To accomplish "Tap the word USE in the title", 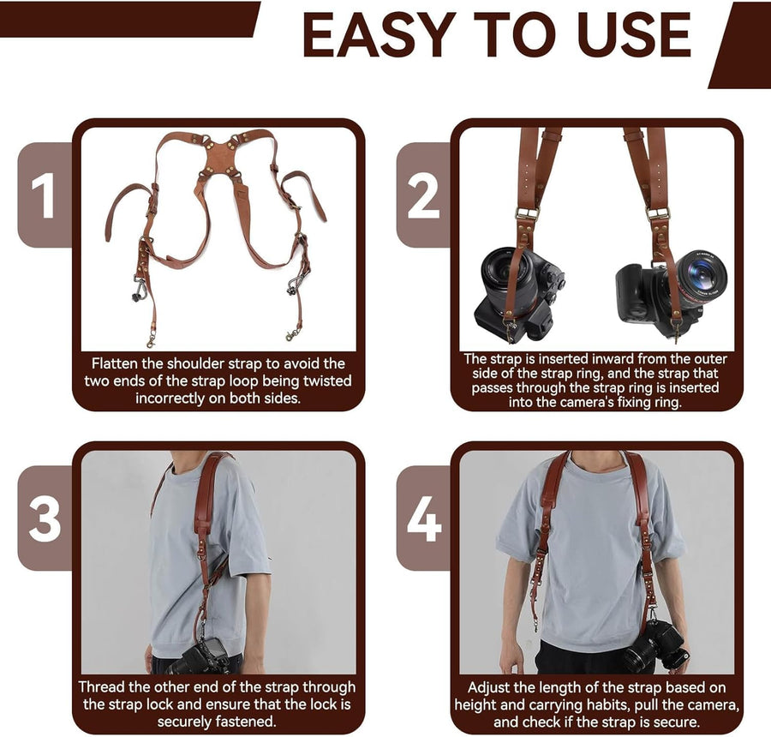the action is [634, 34].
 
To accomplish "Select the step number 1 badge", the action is [44, 195].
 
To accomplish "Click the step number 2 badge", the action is [423, 195].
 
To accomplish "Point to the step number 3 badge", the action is [45, 519].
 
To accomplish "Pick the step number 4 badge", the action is [424, 519].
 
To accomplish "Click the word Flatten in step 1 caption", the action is [115, 363].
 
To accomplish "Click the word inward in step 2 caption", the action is [613, 359].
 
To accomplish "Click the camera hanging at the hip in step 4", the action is [655, 645].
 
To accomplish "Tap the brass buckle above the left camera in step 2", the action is [527, 214].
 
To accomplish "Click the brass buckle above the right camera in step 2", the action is [658, 213].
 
